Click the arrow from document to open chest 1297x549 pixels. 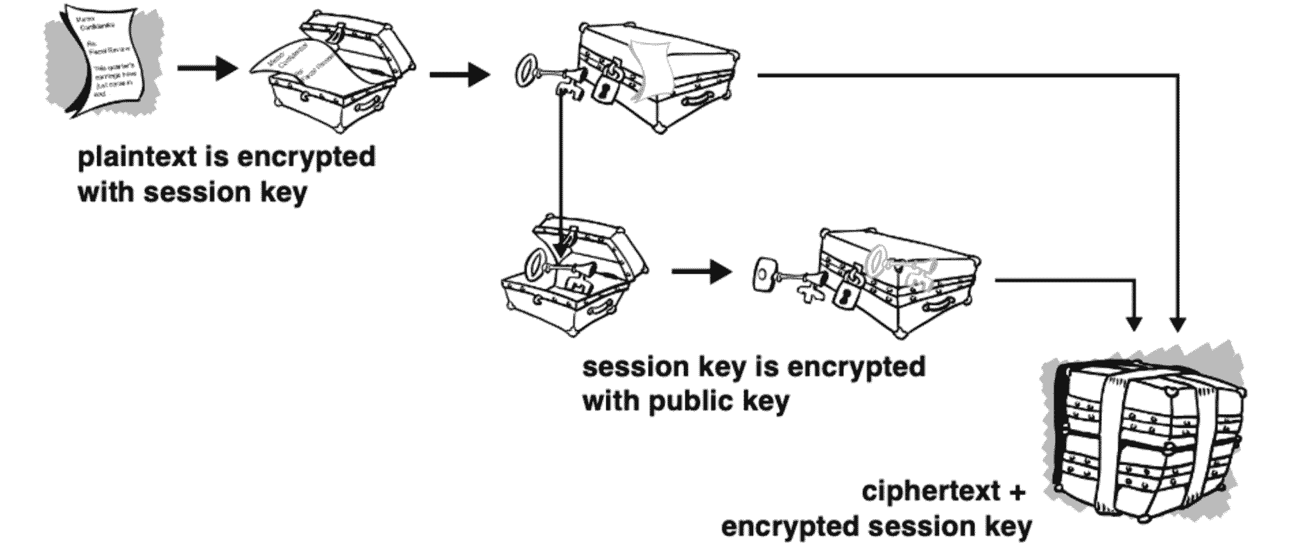pyautogui.click(x=207, y=69)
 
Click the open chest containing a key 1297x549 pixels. pyautogui.click(x=572, y=277)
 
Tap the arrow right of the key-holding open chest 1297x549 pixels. pyautogui.click(x=701, y=272)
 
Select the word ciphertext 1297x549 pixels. pyautogui.click(x=931, y=492)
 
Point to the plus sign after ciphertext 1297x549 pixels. pyautogui.click(x=1016, y=492)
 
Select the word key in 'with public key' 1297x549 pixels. pyautogui.click(x=764, y=401)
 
